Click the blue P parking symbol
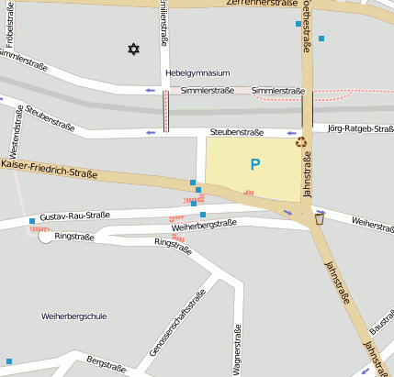coord(254,165)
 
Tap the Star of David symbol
coord(133,48)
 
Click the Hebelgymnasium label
coord(197,72)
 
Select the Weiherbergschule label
coord(74,316)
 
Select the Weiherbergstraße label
coord(204,224)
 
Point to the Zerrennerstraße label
coord(263,4)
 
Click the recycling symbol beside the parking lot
coord(300,141)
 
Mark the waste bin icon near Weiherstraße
coord(319,218)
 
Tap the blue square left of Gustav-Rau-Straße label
coord(32,221)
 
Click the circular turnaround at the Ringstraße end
coord(45,237)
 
